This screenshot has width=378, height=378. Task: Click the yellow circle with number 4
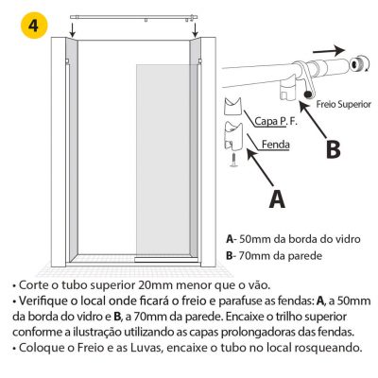34,26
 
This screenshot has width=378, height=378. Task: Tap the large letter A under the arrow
277,198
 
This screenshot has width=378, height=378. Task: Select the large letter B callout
334,149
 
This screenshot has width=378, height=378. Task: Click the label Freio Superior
344,104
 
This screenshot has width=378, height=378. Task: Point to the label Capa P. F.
275,121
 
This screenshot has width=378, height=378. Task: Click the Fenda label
276,145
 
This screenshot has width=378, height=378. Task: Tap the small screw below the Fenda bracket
233,160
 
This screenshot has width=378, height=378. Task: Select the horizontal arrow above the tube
329,51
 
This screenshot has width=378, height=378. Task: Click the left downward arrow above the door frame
72,30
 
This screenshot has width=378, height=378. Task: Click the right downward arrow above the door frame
196,30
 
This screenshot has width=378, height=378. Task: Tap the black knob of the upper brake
308,94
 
